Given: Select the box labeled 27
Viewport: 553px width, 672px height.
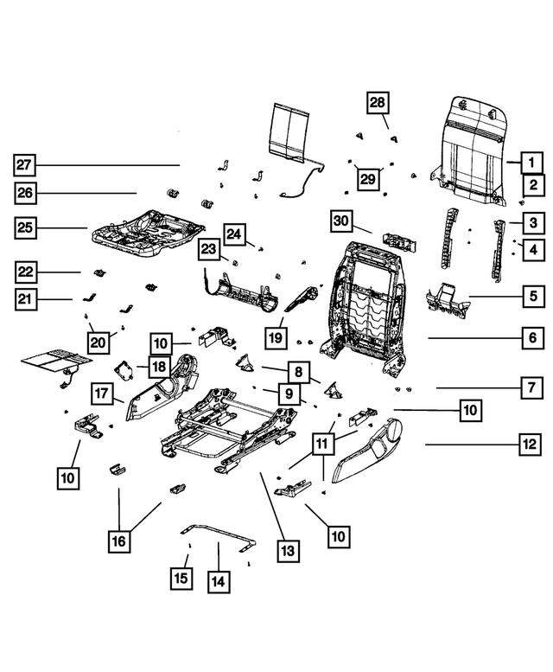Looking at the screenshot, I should (25, 164).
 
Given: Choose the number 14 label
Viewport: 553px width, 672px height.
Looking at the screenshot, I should (219, 581).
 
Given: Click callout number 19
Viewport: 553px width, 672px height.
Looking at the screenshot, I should (276, 335).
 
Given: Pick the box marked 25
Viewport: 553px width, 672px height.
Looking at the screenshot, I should (26, 228).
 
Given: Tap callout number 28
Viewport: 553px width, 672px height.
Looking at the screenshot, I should (378, 103).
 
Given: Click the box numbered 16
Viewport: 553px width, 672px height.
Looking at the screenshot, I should (118, 541).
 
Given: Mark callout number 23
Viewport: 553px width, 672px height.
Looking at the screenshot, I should (210, 250).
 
